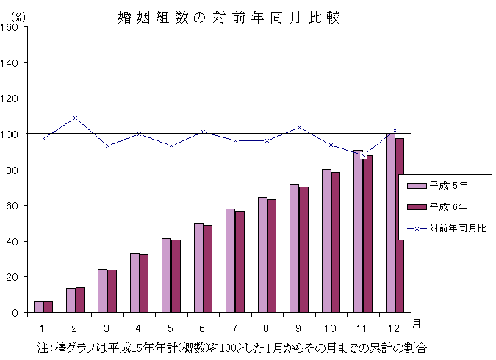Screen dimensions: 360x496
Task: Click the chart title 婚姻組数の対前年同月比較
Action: coord(229,17)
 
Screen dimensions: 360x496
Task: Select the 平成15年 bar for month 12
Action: coord(390,223)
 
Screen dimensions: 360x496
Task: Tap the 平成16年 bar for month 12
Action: coord(399,225)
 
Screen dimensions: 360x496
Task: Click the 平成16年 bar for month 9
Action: coord(303,249)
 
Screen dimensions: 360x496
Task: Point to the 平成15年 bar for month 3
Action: coord(102,290)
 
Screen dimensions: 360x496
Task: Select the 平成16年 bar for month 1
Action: coord(48,306)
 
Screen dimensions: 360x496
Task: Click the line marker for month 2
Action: coord(75,118)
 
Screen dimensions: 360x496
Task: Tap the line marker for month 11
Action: coord(363,155)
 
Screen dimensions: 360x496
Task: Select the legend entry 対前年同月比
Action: coord(448,228)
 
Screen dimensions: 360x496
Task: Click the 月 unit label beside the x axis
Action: coord(416,323)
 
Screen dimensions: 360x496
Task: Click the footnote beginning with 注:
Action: coord(231,345)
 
